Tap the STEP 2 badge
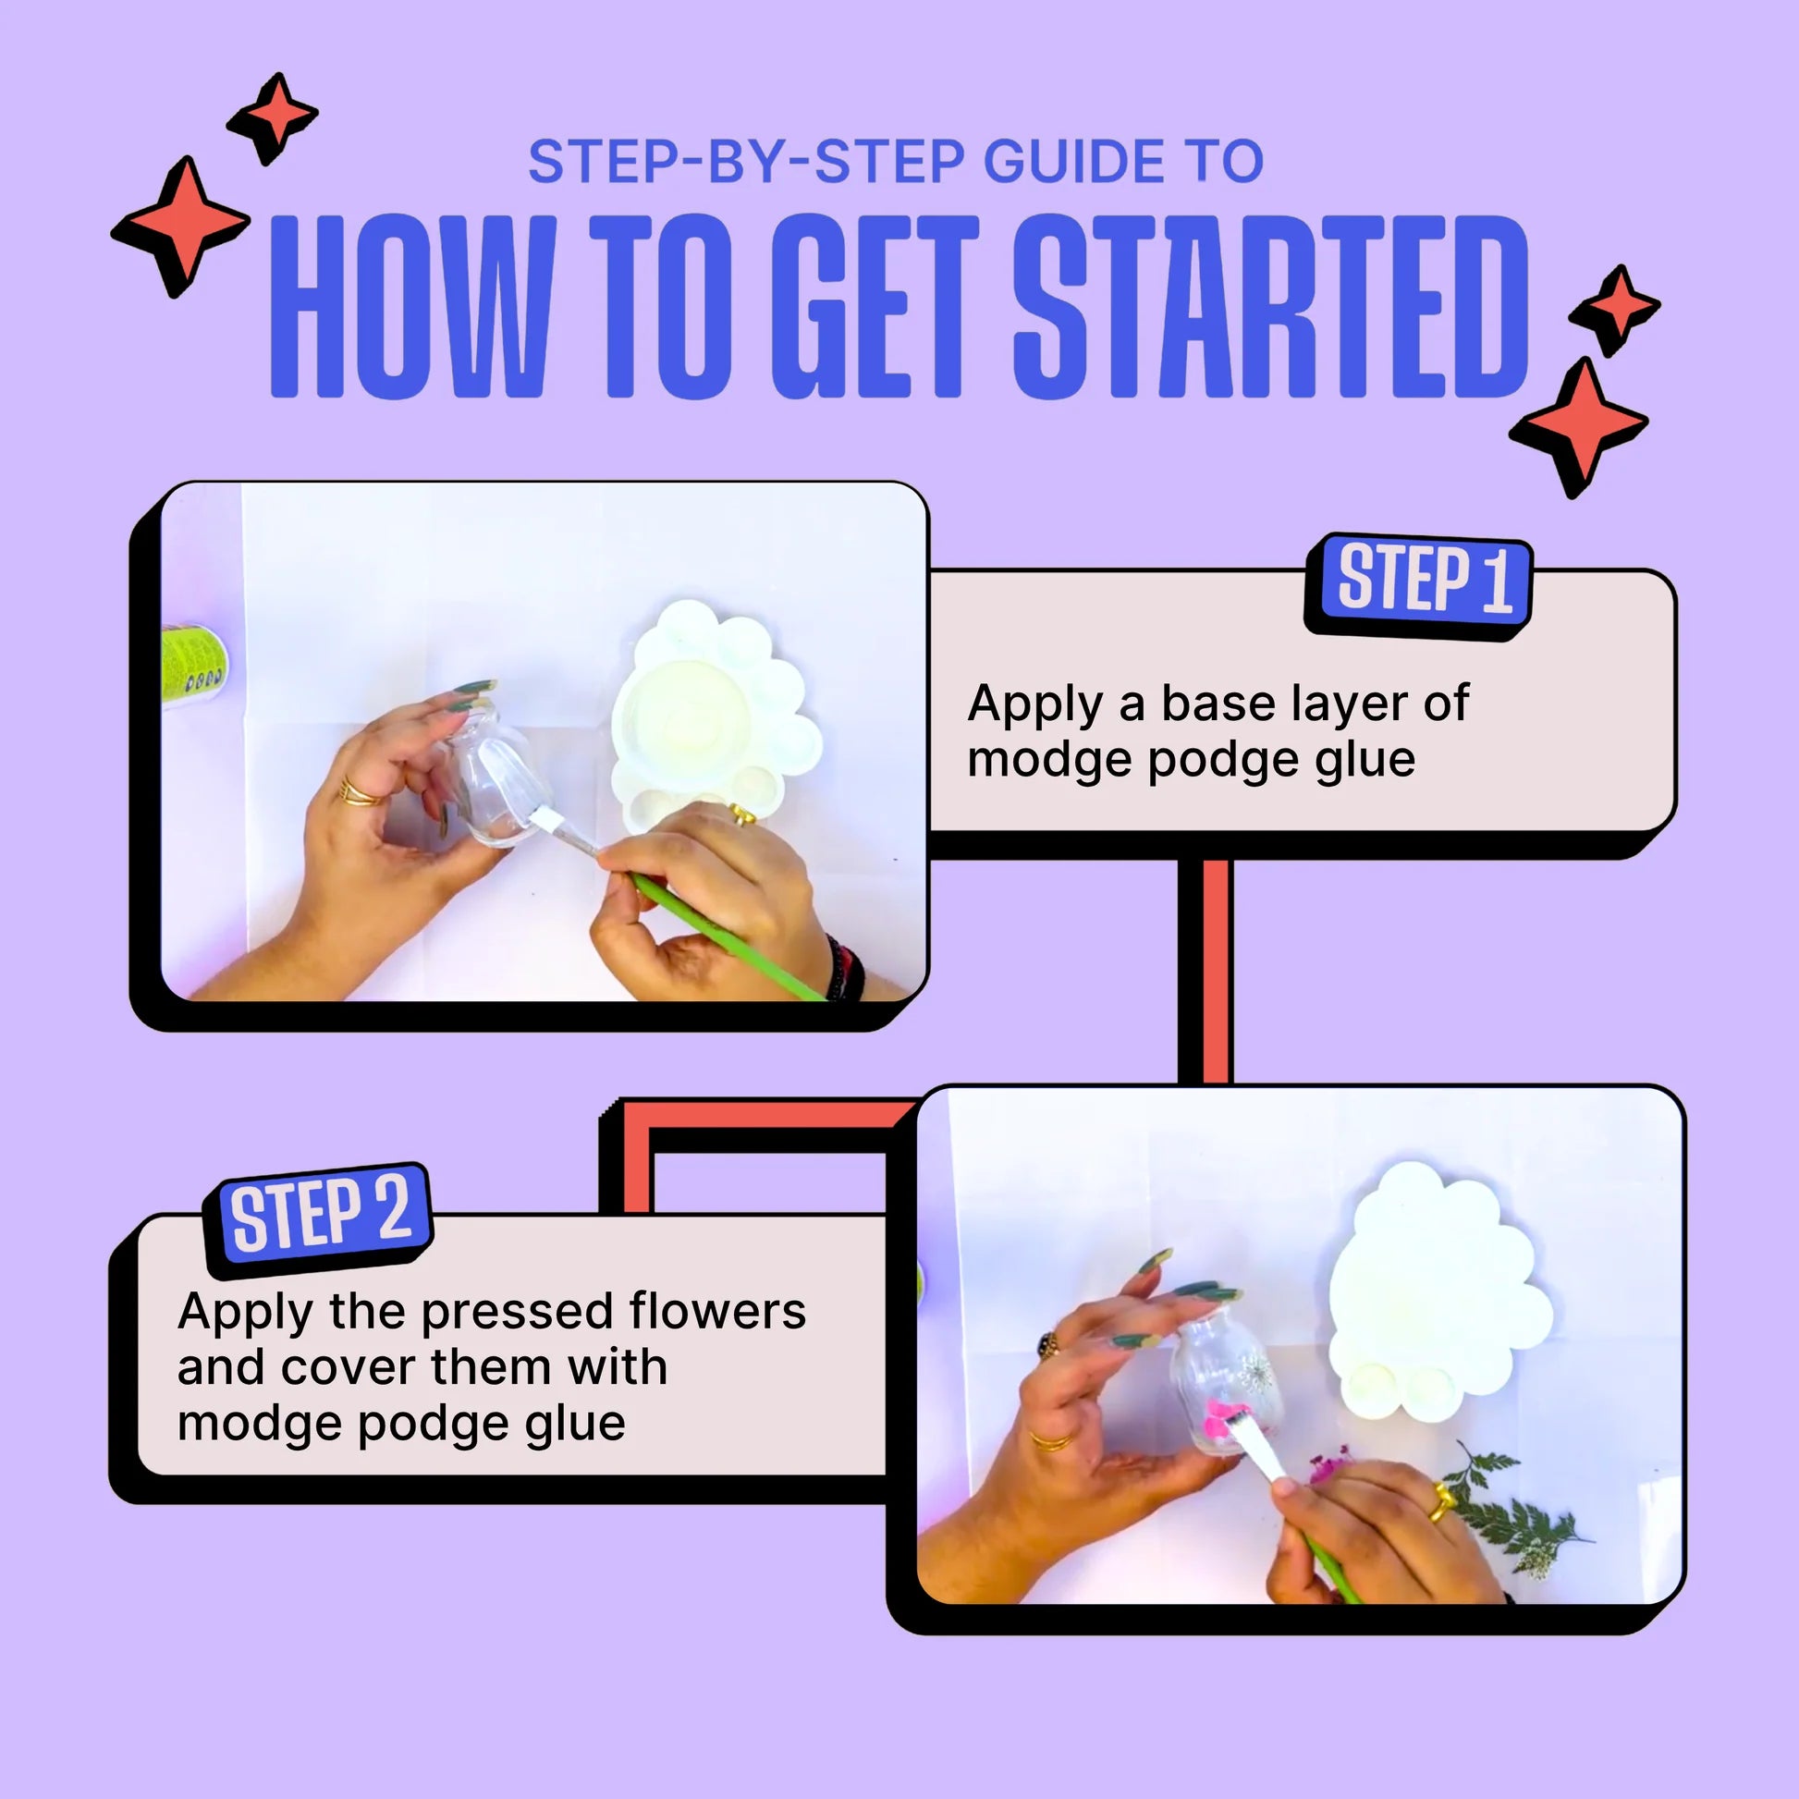pyautogui.click(x=318, y=1218)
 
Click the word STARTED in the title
pyautogui.click(x=1271, y=307)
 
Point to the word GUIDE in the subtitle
pyautogui.click(x=1072, y=161)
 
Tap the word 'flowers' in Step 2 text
pyautogui.click(x=717, y=1311)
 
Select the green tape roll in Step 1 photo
pyautogui.click(x=194, y=667)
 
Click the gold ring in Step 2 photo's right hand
pyautogui.click(x=1441, y=1502)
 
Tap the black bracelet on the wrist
pyautogui.click(x=846, y=969)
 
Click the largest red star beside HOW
pyautogui.click(x=181, y=226)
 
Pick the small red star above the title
pyautogui.click(x=273, y=117)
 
